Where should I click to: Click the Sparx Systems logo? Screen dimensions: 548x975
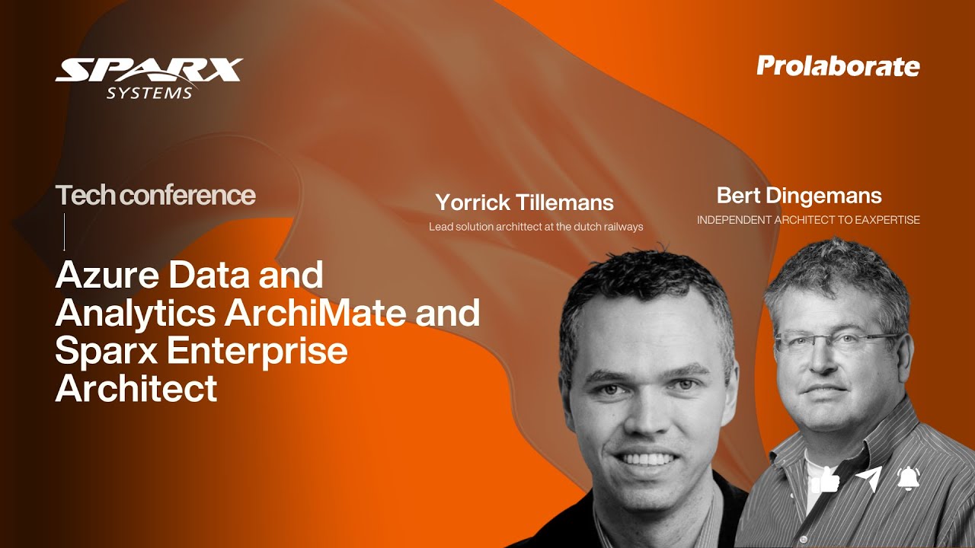(149, 76)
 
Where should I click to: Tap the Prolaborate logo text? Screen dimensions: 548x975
(838, 67)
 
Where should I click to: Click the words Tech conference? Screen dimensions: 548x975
(155, 196)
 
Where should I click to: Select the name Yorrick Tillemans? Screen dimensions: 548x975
(524, 202)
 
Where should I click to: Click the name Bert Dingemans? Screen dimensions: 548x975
(799, 196)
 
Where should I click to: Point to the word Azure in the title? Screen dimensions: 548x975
(107, 275)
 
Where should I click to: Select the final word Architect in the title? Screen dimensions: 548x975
(136, 389)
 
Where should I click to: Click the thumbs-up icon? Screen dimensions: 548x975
(825, 479)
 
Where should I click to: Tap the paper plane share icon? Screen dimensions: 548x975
(868, 479)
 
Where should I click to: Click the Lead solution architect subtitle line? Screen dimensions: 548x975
(535, 227)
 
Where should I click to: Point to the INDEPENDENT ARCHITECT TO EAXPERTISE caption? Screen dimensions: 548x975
(808, 220)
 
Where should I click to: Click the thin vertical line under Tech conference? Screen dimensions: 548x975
(64, 231)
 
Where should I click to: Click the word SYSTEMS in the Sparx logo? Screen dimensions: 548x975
(149, 93)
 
